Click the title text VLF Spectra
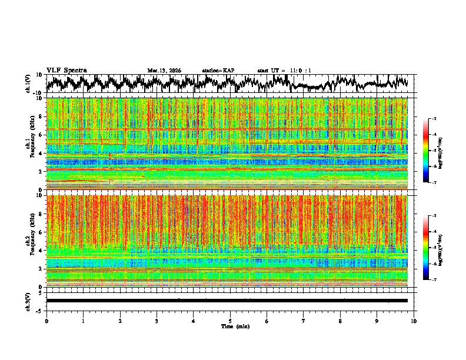66,71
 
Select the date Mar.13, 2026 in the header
164,71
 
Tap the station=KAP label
218,71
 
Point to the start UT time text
284,71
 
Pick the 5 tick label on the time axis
230,321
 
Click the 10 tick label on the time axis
414,321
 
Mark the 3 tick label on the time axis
157,321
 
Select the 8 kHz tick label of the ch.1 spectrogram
41,116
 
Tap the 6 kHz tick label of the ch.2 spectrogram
41,232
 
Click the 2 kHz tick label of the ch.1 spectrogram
41,171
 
